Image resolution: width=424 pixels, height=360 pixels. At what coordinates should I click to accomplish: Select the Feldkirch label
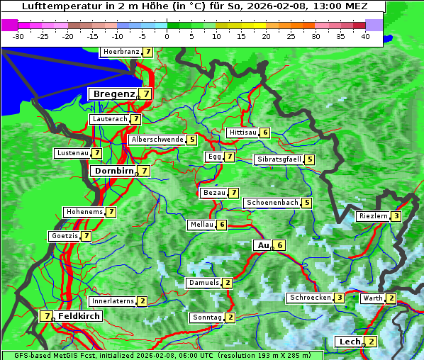[x=79, y=316]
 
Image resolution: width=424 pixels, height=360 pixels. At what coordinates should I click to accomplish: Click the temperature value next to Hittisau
[x=265, y=133]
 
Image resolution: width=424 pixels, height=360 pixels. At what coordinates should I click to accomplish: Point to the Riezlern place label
[x=374, y=216]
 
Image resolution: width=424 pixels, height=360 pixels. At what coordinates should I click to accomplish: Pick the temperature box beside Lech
[x=371, y=342]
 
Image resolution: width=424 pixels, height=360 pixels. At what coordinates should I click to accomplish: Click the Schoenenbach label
[x=272, y=203]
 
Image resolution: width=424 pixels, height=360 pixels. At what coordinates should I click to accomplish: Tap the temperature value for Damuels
[x=228, y=283]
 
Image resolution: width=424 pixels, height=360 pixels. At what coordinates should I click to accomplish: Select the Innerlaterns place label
[x=113, y=301]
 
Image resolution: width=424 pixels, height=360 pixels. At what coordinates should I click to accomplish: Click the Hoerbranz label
[x=121, y=52]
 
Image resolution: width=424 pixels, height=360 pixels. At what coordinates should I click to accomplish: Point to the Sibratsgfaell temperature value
[x=310, y=159]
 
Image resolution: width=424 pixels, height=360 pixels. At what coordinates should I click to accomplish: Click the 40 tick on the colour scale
[x=365, y=35]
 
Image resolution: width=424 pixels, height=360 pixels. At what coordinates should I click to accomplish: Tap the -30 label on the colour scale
[x=18, y=35]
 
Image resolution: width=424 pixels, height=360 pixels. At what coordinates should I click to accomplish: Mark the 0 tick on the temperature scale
[x=167, y=35]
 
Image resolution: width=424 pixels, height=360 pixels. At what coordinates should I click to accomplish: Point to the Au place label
[x=263, y=245]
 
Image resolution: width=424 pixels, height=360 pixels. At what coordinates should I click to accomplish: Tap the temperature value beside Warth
[x=391, y=298]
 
